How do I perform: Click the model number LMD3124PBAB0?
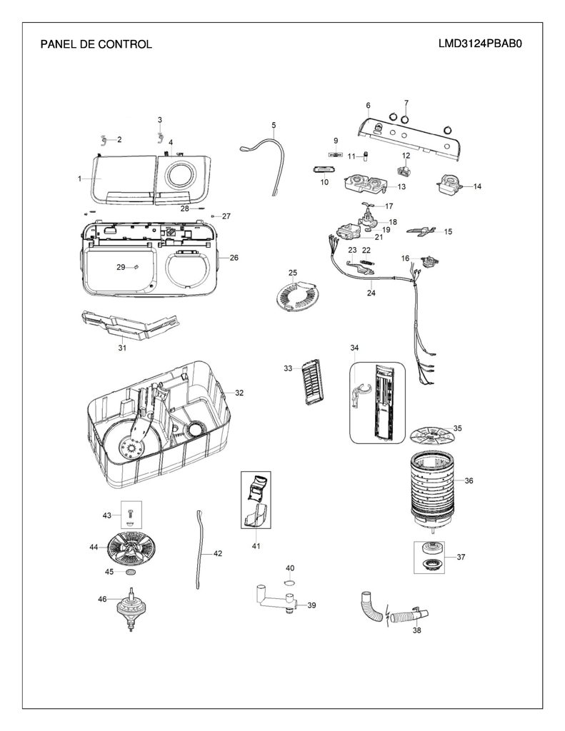(x=479, y=44)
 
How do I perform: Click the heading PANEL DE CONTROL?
(x=96, y=44)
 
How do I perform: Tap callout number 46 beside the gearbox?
(x=102, y=599)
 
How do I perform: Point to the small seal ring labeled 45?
(x=131, y=572)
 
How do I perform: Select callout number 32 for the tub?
(x=239, y=393)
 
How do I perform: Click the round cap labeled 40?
(x=290, y=583)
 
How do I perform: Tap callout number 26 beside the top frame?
(x=234, y=257)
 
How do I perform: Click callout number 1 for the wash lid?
(x=80, y=178)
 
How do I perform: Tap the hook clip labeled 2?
(x=104, y=139)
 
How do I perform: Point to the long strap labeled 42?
(x=201, y=550)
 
